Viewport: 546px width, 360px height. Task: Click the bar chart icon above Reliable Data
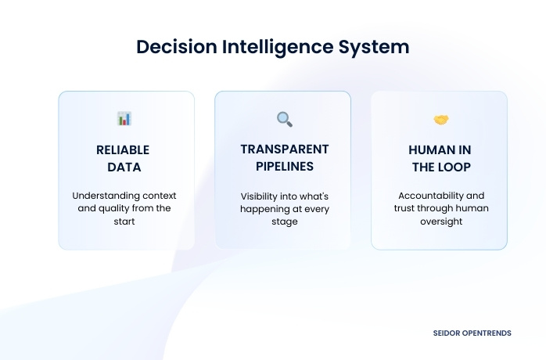pyautogui.click(x=124, y=119)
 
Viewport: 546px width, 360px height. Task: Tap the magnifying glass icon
pyautogui.click(x=284, y=119)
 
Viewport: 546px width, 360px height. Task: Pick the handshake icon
pyautogui.click(x=440, y=120)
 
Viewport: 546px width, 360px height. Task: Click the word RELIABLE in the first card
pyautogui.click(x=123, y=149)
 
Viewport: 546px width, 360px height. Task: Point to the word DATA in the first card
pyautogui.click(x=123, y=166)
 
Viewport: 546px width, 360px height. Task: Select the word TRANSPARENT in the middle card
pyautogui.click(x=284, y=149)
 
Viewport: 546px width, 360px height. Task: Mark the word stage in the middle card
pyautogui.click(x=284, y=222)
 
